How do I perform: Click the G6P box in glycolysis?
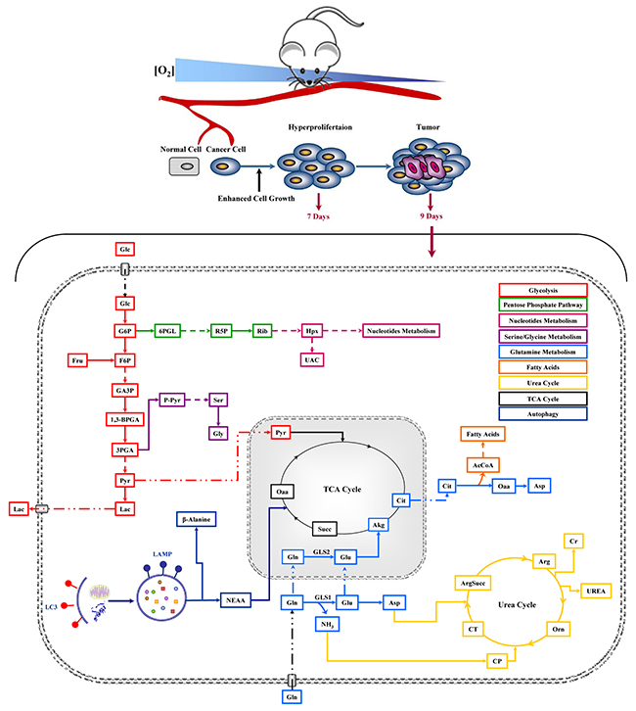[x=125, y=331]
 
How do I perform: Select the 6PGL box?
[x=167, y=331]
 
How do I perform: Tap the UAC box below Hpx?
[x=312, y=360]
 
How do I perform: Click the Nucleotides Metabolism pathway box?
[x=401, y=331]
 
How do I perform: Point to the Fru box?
[x=77, y=360]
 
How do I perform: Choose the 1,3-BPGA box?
[x=125, y=419]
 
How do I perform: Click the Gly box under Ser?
[x=218, y=434]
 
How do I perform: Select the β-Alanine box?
[x=196, y=519]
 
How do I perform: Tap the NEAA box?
[x=236, y=600]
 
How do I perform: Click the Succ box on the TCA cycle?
[x=324, y=529]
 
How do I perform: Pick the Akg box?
[x=379, y=525]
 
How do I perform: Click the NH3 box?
[x=327, y=625]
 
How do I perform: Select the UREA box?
[x=596, y=591]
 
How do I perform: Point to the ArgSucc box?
[x=473, y=583]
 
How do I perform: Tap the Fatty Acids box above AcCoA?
[x=482, y=434]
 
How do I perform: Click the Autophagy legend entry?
[x=543, y=414]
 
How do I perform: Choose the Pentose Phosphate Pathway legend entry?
[x=543, y=305]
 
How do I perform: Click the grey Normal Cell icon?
[x=184, y=166]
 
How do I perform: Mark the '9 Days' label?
[x=432, y=216]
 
